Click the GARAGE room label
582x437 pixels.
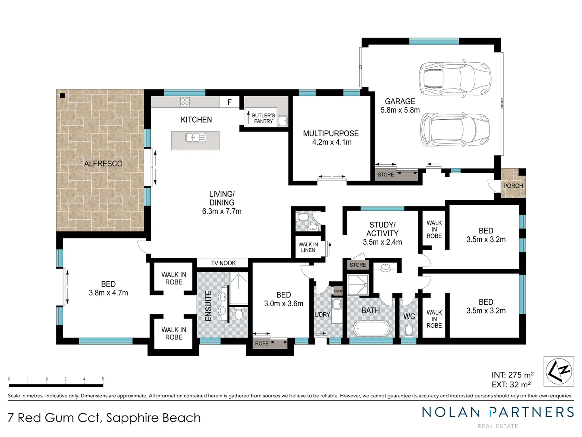(400, 101)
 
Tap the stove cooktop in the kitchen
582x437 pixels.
(185, 102)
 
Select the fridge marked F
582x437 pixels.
(229, 102)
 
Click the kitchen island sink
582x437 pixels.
(196, 138)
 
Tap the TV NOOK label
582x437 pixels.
(223, 263)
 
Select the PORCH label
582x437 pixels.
(513, 186)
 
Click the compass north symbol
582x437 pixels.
(559, 371)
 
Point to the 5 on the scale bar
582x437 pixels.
(103, 379)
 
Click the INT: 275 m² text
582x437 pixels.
(512, 375)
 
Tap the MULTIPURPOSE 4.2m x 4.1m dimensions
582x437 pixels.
(332, 142)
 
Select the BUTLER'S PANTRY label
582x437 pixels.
(263, 118)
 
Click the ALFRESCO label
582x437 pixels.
(103, 163)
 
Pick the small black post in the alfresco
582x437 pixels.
(62, 95)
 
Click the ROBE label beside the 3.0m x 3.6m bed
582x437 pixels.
(262, 344)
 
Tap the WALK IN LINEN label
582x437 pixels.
(308, 247)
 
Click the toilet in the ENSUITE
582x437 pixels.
(239, 314)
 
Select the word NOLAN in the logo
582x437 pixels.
(451, 412)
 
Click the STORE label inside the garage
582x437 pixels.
(386, 174)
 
